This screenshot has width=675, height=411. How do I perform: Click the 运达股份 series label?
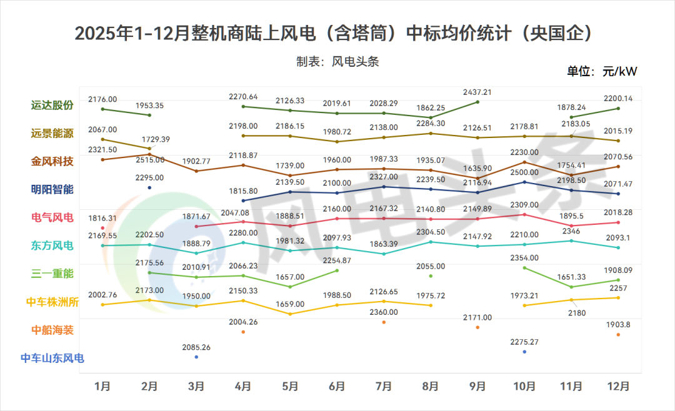53,106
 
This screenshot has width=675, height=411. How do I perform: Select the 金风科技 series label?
53,161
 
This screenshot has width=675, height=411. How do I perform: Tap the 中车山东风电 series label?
52,359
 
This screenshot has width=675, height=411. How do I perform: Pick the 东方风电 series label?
53,245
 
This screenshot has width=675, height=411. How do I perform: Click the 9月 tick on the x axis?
477,387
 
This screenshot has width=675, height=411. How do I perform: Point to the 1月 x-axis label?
102,387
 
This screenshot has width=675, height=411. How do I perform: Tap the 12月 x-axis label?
618,387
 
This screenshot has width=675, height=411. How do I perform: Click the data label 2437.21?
477,92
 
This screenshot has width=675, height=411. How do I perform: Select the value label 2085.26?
196,347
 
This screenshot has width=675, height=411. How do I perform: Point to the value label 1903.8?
618,325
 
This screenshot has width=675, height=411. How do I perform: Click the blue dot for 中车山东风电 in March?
196,357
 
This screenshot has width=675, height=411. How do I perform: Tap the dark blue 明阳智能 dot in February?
149,187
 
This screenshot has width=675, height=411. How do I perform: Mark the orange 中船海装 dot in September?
477,327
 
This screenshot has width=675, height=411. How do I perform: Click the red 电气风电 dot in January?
102,228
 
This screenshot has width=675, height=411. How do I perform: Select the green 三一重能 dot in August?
431,275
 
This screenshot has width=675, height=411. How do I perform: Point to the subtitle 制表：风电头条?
337,62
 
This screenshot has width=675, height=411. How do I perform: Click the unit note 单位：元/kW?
602,71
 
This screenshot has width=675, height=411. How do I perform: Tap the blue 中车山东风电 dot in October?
524,352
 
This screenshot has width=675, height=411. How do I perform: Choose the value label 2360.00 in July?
384,312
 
